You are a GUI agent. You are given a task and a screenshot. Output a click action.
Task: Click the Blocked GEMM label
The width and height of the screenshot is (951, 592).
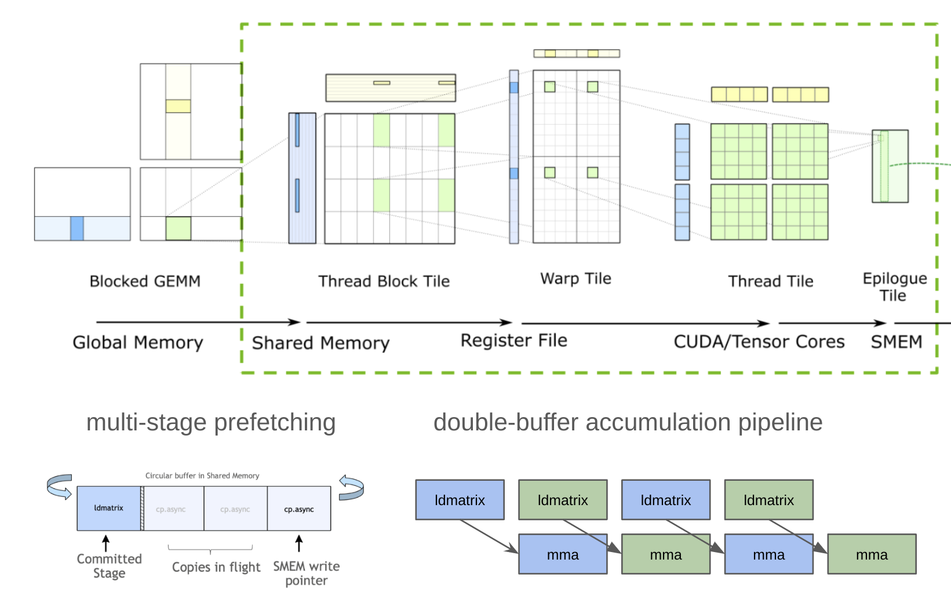pyautogui.click(x=145, y=282)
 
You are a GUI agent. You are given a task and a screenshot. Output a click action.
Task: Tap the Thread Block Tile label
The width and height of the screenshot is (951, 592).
pyautogui.click(x=384, y=282)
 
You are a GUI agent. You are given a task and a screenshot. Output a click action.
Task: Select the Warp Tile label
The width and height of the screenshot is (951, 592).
pyautogui.click(x=575, y=279)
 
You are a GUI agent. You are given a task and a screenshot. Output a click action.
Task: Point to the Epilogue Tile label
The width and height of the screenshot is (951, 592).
pyautogui.click(x=894, y=287)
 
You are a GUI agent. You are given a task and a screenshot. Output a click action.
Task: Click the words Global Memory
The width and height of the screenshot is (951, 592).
pyautogui.click(x=138, y=342)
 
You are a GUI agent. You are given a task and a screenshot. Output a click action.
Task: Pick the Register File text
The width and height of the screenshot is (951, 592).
pyautogui.click(x=513, y=341)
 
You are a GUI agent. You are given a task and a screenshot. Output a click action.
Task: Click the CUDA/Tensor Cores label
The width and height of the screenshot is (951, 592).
pyautogui.click(x=759, y=342)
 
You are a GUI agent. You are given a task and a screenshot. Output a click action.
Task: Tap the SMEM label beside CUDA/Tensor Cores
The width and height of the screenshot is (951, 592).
pyautogui.click(x=896, y=342)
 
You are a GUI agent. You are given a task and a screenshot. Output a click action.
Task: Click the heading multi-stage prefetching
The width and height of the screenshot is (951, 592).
pyautogui.click(x=211, y=422)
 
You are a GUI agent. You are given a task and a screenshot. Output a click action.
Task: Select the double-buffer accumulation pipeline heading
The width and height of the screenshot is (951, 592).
pyautogui.click(x=628, y=422)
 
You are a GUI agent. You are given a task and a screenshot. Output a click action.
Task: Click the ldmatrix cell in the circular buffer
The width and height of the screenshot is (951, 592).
pyautogui.click(x=108, y=508)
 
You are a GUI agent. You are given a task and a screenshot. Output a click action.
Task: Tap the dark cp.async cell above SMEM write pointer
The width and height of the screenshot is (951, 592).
pyautogui.click(x=298, y=509)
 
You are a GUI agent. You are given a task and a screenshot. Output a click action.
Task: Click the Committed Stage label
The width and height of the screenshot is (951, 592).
pyautogui.click(x=109, y=566)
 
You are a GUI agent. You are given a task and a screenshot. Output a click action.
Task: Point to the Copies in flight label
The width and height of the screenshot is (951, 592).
pyautogui.click(x=216, y=567)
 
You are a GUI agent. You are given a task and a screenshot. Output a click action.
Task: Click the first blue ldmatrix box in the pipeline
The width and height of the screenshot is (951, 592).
pyautogui.click(x=460, y=500)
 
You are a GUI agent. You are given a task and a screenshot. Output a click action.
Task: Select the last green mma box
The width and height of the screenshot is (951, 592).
pyautogui.click(x=872, y=554)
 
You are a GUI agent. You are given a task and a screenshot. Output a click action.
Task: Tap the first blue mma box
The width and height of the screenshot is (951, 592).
pyautogui.click(x=563, y=554)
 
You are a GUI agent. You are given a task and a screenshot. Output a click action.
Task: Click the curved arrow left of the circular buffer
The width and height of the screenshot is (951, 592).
pyautogui.click(x=60, y=487)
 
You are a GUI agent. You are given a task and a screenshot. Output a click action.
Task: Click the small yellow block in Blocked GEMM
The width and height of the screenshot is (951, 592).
pyautogui.click(x=178, y=106)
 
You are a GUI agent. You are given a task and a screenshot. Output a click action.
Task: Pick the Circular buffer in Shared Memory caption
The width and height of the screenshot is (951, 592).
pyautogui.click(x=202, y=476)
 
